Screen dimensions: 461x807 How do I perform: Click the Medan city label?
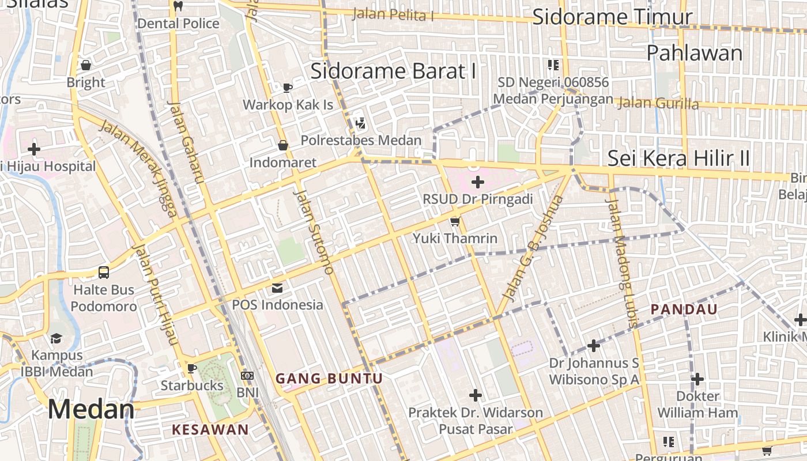coord(91,409)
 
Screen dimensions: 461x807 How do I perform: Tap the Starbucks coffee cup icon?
coord(192,368)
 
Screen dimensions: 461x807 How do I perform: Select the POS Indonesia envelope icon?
coord(277,288)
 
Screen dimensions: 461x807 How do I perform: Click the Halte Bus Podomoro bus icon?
coord(104,273)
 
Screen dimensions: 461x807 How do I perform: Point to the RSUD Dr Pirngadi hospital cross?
coord(477,182)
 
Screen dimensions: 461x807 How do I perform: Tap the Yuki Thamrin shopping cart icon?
coord(455,221)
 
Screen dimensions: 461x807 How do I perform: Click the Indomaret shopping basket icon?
coord(283,145)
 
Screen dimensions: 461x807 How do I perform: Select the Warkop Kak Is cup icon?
coord(287,88)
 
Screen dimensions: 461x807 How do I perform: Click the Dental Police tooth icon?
coord(178,6)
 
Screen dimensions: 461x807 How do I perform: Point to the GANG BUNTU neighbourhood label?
coord(329,379)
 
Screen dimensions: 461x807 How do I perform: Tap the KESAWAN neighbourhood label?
coord(210,429)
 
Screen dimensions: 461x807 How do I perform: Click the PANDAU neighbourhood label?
coord(684,309)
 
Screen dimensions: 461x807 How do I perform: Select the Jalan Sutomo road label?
coord(314,232)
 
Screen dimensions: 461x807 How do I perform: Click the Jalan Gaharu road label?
coord(186,142)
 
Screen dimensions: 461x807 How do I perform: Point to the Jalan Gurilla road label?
coord(657,104)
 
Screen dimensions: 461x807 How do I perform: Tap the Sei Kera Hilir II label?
coord(678,158)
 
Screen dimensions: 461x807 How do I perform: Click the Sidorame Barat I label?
coord(393,71)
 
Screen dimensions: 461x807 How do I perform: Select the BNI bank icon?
coord(247,376)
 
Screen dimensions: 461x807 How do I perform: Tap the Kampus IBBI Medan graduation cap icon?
coord(56,338)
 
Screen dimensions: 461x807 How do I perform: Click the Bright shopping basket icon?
coord(86,65)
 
